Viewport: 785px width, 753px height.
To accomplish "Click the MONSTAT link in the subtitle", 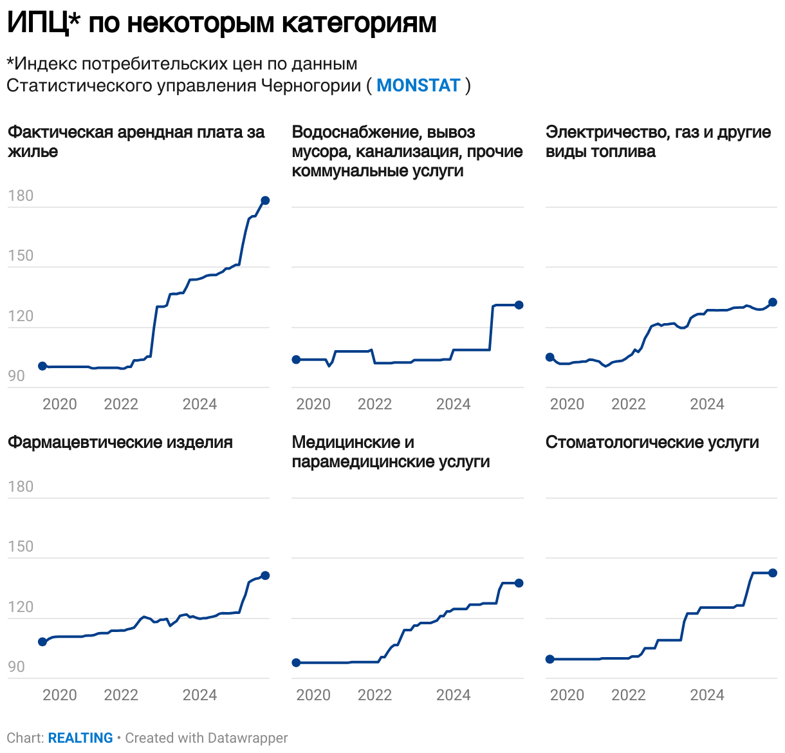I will (418, 86).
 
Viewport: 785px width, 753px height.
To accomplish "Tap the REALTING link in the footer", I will (80, 738).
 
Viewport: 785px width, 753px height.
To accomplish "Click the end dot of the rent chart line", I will (264, 201).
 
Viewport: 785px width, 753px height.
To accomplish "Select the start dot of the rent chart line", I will (42, 366).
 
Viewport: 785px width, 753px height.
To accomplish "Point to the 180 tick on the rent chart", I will (21, 196).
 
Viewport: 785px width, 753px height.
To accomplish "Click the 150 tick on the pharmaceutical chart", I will (21, 547).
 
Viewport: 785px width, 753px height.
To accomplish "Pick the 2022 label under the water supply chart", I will (374, 404).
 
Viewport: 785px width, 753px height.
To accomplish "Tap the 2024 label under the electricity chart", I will (706, 404).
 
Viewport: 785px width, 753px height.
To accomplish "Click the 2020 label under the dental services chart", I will (567, 695).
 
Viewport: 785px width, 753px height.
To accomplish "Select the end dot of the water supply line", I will (519, 305).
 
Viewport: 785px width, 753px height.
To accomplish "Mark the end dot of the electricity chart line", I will (773, 302).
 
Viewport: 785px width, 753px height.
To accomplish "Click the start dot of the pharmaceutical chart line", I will (42, 642).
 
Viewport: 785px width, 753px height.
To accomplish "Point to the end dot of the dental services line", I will (773, 573).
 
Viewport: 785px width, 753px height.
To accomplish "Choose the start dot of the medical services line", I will (296, 663).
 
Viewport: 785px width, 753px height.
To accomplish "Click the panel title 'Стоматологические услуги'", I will (652, 443).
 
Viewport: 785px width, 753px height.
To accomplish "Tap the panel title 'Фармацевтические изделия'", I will (120, 443).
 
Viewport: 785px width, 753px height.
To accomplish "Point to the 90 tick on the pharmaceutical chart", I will (17, 667).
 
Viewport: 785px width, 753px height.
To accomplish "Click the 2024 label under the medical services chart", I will (453, 695).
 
